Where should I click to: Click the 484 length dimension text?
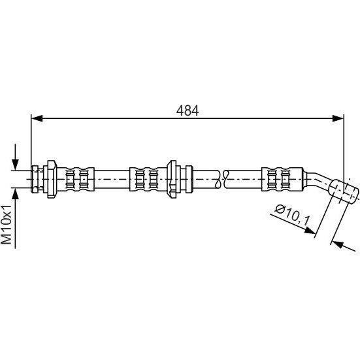pos(187,110)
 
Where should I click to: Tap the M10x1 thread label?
pos(7,225)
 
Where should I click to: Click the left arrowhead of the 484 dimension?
pos(37,118)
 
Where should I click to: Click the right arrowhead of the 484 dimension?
pos(338,118)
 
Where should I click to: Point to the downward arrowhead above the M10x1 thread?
pos(15,165)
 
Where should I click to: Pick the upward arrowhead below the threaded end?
pos(15,194)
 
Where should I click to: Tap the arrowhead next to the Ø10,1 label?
pos(310,230)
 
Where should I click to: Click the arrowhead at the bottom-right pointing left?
pos(338,244)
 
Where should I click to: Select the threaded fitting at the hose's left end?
pos(37,179)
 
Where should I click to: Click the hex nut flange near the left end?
pos(52,179)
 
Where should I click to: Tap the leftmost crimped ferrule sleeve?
pos(76,179)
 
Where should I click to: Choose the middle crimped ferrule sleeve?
pos(148,179)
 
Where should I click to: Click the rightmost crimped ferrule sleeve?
pos(282,179)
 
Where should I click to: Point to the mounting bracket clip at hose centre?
pos(172,179)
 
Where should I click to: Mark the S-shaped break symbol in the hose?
pos(220,179)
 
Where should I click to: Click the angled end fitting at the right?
pos(344,188)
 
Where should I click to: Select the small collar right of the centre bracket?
pos(189,179)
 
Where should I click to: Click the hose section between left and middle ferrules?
pos(112,179)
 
